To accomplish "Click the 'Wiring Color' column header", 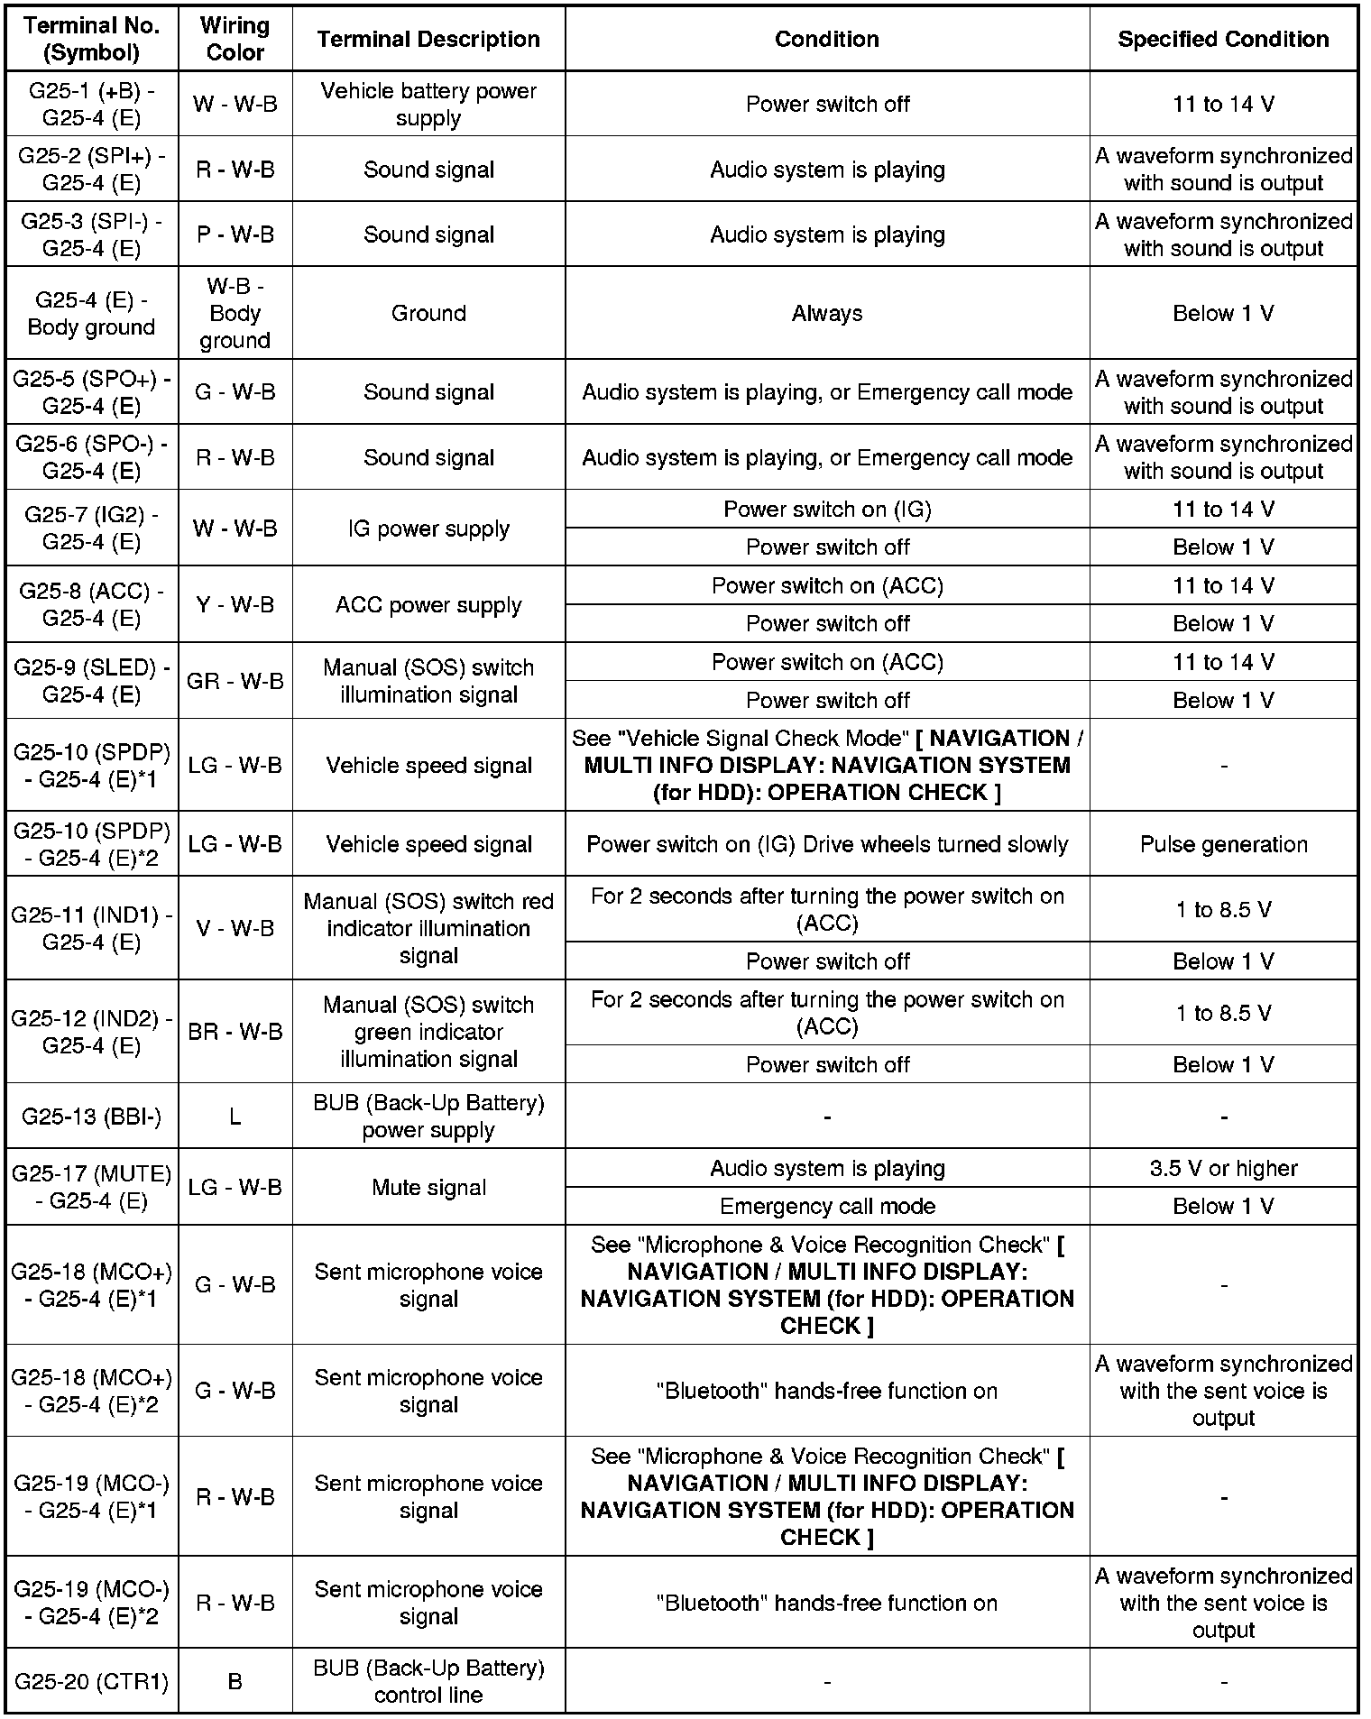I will [x=235, y=39].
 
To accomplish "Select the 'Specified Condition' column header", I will [x=1223, y=39].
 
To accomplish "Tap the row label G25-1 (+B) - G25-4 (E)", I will [x=91, y=104].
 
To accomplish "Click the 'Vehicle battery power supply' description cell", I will [x=428, y=104].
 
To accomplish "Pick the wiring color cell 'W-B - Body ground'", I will [x=235, y=313].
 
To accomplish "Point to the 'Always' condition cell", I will [x=827, y=313].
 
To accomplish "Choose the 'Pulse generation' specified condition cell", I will [x=1223, y=844].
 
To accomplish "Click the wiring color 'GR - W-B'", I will [x=235, y=681].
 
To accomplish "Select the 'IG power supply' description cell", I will [x=428, y=529].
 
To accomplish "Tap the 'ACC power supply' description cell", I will [x=428, y=605].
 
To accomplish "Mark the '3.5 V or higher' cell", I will [x=1223, y=1169].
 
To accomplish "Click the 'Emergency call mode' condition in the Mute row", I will [x=827, y=1207].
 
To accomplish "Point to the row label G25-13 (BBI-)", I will [x=91, y=1117].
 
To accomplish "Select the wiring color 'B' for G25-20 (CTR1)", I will [x=235, y=1682].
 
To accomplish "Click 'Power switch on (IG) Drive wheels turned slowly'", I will [x=827, y=844].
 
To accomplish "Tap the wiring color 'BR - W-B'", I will [x=235, y=1032].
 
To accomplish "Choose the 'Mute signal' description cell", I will [x=428, y=1188].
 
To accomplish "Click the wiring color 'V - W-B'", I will [x=235, y=928].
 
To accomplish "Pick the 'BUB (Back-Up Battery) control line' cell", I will [x=428, y=1682].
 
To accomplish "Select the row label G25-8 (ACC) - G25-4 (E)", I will [x=91, y=605].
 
